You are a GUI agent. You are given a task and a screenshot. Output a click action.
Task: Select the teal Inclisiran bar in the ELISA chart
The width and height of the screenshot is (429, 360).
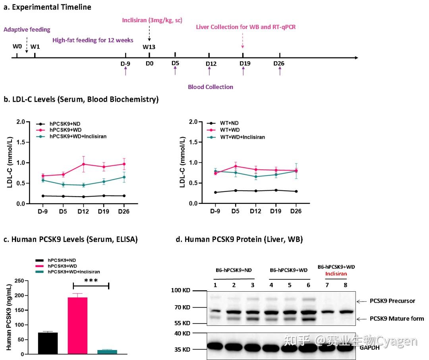click(x=107, y=352)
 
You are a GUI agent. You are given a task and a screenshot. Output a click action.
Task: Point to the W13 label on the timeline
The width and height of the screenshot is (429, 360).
click(x=149, y=47)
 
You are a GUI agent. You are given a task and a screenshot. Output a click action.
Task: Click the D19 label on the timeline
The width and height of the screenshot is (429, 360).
click(x=243, y=64)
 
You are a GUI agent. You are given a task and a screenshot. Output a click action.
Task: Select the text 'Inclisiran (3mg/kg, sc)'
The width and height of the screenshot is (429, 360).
click(x=153, y=20)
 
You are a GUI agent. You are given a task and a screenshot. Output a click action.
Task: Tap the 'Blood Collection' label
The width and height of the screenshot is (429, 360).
click(x=210, y=87)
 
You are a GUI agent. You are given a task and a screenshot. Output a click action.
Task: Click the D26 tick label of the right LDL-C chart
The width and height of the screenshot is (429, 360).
click(x=296, y=211)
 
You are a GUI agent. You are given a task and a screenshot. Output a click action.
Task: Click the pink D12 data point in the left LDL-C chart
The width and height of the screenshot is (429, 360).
click(x=84, y=164)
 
